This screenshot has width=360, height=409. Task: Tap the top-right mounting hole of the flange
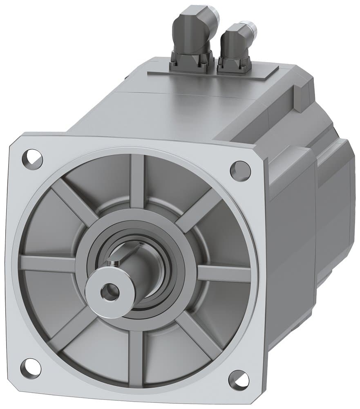pyautogui.click(x=240, y=171)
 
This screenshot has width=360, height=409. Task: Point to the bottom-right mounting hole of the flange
pyautogui.click(x=239, y=380)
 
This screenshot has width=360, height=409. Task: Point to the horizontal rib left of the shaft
pyautogui.click(x=47, y=264)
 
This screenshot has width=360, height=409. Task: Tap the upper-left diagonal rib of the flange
pyautogui.click(x=74, y=200)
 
